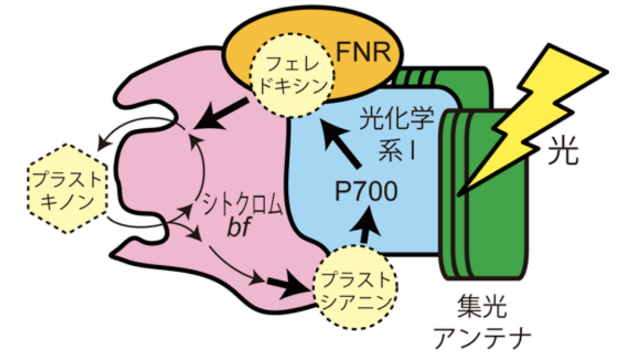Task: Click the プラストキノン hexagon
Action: [68, 188]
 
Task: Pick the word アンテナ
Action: [483, 338]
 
